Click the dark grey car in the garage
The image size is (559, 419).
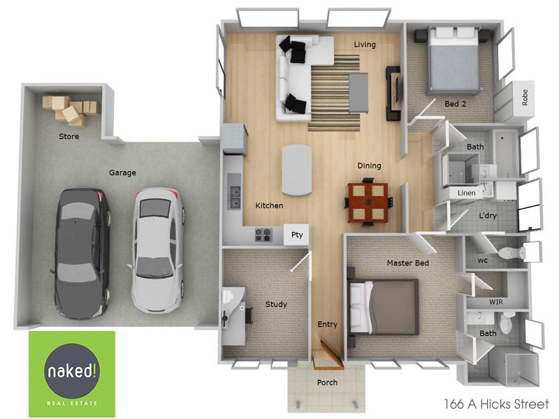click(81, 251)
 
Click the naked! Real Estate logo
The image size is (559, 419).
click(72, 374)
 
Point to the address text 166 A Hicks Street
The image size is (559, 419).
click(497, 404)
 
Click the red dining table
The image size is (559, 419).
click(368, 201)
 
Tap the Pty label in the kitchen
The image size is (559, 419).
click(297, 235)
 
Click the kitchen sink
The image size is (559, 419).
click(233, 196)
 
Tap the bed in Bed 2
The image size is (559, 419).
click(453, 63)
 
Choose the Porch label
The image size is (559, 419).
click(327, 383)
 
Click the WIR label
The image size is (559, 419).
click(497, 302)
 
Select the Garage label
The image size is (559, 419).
click(122, 172)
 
